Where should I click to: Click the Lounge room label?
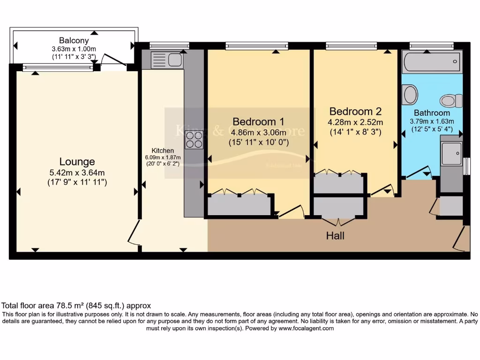(x=77, y=162)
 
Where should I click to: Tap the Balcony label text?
(x=74, y=40)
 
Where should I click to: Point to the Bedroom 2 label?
(x=355, y=112)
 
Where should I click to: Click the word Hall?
(x=335, y=236)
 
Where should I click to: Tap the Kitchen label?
(x=163, y=151)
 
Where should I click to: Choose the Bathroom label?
(x=432, y=113)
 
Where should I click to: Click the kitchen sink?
(x=167, y=60)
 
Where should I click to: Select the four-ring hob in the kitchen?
(x=195, y=139)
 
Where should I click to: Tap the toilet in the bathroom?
(x=451, y=100)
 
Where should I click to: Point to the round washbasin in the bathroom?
(x=410, y=95)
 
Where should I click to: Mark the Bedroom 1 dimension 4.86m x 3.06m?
(x=258, y=133)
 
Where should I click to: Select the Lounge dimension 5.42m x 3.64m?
(x=77, y=172)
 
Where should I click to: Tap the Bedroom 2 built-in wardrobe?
(x=339, y=183)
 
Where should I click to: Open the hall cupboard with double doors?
(x=339, y=207)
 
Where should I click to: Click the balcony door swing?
(x=112, y=60)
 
